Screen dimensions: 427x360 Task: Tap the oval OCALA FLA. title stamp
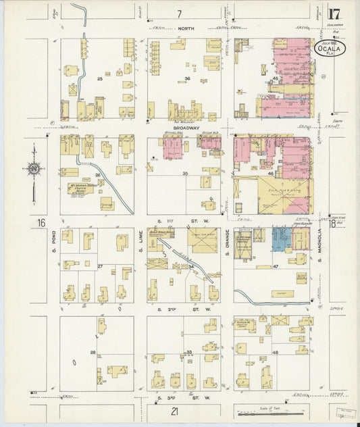330,48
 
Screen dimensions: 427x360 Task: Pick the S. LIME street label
140,247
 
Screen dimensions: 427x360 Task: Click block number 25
99,79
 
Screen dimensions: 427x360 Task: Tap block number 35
184,174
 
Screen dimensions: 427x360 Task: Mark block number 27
99,266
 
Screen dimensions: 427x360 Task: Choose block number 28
93,352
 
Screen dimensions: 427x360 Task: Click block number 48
275,353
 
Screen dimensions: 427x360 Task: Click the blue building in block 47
281,238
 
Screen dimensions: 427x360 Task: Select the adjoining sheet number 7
179,14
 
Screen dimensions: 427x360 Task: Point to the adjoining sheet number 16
41,222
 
